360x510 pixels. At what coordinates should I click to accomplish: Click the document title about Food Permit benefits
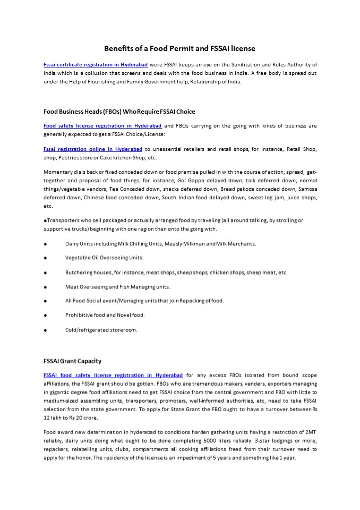pos(179,48)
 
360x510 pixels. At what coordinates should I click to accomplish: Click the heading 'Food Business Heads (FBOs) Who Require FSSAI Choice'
pos(119,112)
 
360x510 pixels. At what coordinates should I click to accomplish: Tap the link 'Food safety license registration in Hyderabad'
pos(102,126)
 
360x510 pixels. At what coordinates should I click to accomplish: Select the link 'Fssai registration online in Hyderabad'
pos(93,150)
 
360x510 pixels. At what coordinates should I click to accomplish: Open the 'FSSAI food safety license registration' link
pos(113,375)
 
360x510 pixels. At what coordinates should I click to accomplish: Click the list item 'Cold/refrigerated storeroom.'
pos(101,330)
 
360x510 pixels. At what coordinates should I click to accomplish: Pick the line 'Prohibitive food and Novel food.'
pos(105,315)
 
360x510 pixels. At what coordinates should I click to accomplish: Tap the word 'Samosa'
pos(306,190)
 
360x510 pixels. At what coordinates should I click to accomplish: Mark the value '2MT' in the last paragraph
pos(311,432)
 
